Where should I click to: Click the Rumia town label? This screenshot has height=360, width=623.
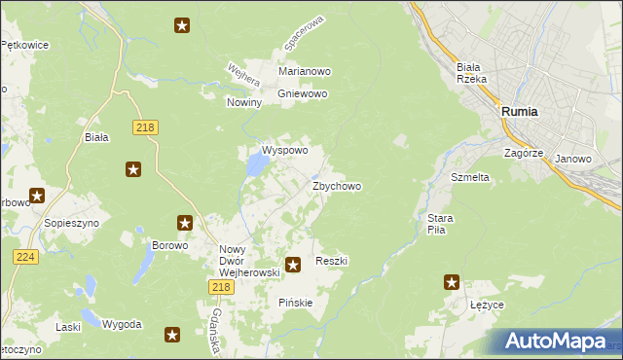[521, 112]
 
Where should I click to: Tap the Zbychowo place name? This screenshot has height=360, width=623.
[337, 186]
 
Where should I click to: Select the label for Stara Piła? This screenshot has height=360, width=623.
[435, 224]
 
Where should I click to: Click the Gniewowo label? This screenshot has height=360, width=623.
[303, 94]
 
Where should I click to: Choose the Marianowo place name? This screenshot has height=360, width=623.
[305, 72]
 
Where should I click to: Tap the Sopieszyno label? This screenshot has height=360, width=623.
[68, 223]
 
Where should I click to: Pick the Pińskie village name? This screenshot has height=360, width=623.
[296, 303]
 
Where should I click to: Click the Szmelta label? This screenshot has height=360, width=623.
[469, 178]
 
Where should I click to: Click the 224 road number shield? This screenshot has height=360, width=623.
[26, 256]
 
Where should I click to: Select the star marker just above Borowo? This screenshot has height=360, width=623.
[184, 223]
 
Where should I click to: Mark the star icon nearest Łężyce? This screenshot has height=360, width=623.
[452, 282]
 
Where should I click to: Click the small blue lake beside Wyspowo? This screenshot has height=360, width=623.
[256, 167]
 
